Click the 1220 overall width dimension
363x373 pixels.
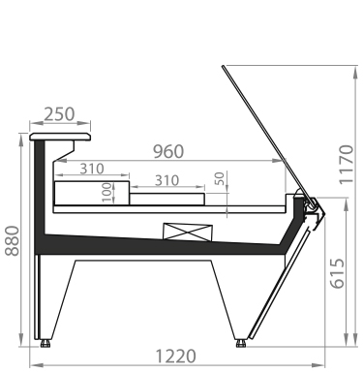coord(175,357)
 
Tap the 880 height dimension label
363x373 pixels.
coord(13,241)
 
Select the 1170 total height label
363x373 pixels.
coord(347,165)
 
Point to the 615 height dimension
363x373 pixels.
coord(337,273)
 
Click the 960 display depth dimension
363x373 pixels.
coord(168,152)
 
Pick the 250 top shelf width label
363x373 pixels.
coord(59,114)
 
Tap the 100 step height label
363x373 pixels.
coord(106,193)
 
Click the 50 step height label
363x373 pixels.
coord(219,178)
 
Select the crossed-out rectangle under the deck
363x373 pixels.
coord(188,233)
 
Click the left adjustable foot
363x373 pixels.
coord(45,343)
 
